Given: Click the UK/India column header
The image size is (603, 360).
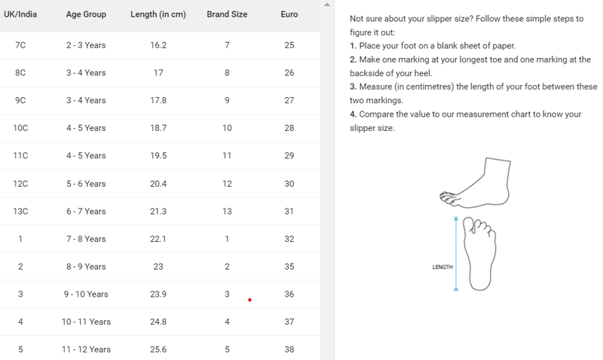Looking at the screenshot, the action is pos(20,14).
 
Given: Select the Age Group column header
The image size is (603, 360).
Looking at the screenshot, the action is pos(86,14).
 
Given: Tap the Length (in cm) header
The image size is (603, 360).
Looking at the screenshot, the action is pos(158,14).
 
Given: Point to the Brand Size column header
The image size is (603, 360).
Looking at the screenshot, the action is pos(227,14).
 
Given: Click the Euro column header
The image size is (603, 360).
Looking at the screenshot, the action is pos(289,14).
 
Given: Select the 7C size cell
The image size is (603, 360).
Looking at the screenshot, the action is pos(20,45).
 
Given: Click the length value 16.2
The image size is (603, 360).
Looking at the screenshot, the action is pos(158,45).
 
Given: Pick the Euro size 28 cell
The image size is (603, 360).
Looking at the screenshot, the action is pos(289,128).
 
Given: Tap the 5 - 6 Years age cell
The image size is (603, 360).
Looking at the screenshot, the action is pos(86,184).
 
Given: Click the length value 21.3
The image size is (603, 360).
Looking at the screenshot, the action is pos(158,212).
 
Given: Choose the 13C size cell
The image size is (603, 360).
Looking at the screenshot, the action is pos(20,212).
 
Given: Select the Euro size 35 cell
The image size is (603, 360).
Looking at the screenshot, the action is pos(289,267).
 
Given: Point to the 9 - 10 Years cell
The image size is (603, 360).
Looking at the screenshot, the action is pos(86,294).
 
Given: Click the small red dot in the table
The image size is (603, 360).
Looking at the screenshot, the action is pos(249,300).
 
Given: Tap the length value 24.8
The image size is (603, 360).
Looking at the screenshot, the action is pos(158,322).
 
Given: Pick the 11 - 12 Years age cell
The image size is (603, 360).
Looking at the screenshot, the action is pos(86,349).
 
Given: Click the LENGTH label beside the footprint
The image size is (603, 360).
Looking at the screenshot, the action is pos(442,267).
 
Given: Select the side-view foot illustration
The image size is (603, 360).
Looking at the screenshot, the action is pos(476,183).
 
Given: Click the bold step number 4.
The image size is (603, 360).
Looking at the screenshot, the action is pos(353,114).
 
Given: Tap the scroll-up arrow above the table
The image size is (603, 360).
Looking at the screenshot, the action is pos(327,5).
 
